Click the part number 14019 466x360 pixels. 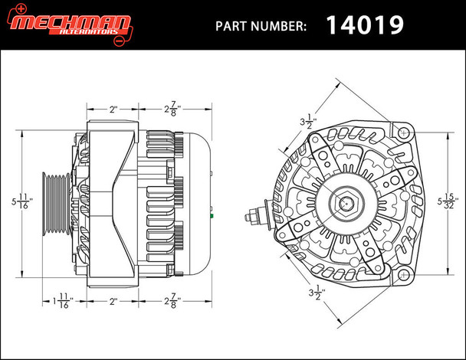click(365, 25)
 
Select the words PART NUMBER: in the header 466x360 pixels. click(261, 25)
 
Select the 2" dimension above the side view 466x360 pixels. click(113, 110)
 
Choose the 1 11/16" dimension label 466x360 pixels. click(64, 299)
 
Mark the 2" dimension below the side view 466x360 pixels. click(113, 301)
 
